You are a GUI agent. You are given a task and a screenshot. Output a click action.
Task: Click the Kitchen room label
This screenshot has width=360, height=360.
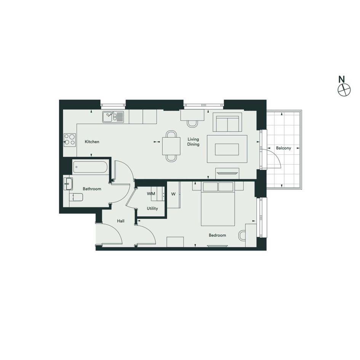[x=92, y=142]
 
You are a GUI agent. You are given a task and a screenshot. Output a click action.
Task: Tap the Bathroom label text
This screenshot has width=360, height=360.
[x=92, y=189]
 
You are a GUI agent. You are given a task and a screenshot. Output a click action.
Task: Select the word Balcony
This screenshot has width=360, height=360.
[x=283, y=148]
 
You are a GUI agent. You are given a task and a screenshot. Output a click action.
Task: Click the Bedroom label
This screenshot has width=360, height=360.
[x=217, y=235]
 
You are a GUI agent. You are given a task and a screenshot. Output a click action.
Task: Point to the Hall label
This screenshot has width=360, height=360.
[x=121, y=221]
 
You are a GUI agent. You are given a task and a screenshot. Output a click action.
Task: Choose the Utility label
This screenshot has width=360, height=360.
[x=152, y=208]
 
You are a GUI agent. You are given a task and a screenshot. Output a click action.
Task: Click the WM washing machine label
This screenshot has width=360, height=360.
[x=151, y=194]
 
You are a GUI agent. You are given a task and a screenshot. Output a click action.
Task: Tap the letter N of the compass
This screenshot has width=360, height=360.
[x=342, y=79]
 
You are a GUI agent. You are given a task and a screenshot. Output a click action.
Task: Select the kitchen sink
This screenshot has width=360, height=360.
[x=113, y=117]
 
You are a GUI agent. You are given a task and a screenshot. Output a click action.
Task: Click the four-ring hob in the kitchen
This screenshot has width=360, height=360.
[x=70, y=140]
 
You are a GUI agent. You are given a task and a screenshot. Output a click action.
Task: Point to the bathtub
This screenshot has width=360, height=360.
[x=90, y=167]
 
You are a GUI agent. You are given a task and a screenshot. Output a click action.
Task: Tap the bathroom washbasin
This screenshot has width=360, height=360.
[x=68, y=184]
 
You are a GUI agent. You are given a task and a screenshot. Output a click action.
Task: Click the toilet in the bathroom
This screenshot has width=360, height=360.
[x=76, y=197]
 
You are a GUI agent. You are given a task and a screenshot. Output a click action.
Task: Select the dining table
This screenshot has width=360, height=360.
[x=171, y=146]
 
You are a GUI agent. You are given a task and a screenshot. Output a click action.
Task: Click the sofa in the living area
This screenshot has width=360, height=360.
[x=227, y=122]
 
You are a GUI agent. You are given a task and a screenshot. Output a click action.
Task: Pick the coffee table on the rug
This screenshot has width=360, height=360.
[x=227, y=149]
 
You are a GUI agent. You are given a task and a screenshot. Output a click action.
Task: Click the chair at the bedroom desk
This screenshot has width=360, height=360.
[x=242, y=235]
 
